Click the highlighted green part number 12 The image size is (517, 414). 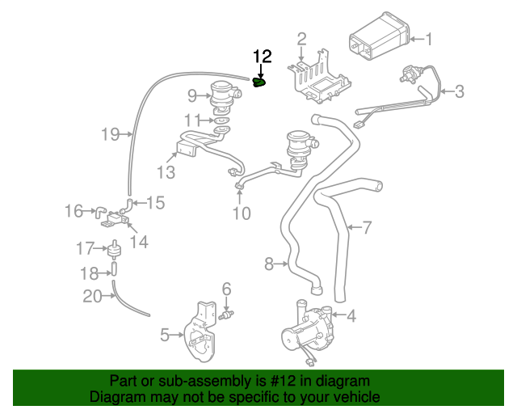pos(259,82)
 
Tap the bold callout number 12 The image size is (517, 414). pos(263,57)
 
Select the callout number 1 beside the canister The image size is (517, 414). pos(429,39)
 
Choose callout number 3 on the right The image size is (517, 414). pos(459,91)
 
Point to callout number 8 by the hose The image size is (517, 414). pos(270,263)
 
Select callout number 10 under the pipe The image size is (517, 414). pos(242,213)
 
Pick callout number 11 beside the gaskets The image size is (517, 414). pos(191,120)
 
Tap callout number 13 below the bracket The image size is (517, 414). pos(166,171)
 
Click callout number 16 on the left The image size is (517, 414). pos(74,211)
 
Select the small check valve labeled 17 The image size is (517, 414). pos(115,247)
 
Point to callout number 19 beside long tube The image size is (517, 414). pos(110,134)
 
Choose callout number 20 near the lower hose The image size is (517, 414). pos(92,297)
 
